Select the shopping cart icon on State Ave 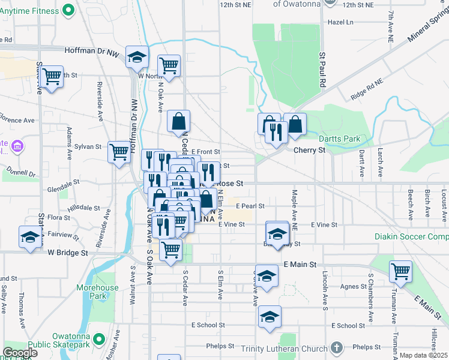[52, 76]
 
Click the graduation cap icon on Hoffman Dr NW [137, 56]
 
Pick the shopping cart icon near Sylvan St [119, 151]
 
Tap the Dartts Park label [340, 139]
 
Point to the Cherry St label [309, 151]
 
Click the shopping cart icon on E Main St [400, 271]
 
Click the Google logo [20, 353]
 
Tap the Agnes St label [349, 287]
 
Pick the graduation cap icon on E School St [270, 316]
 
